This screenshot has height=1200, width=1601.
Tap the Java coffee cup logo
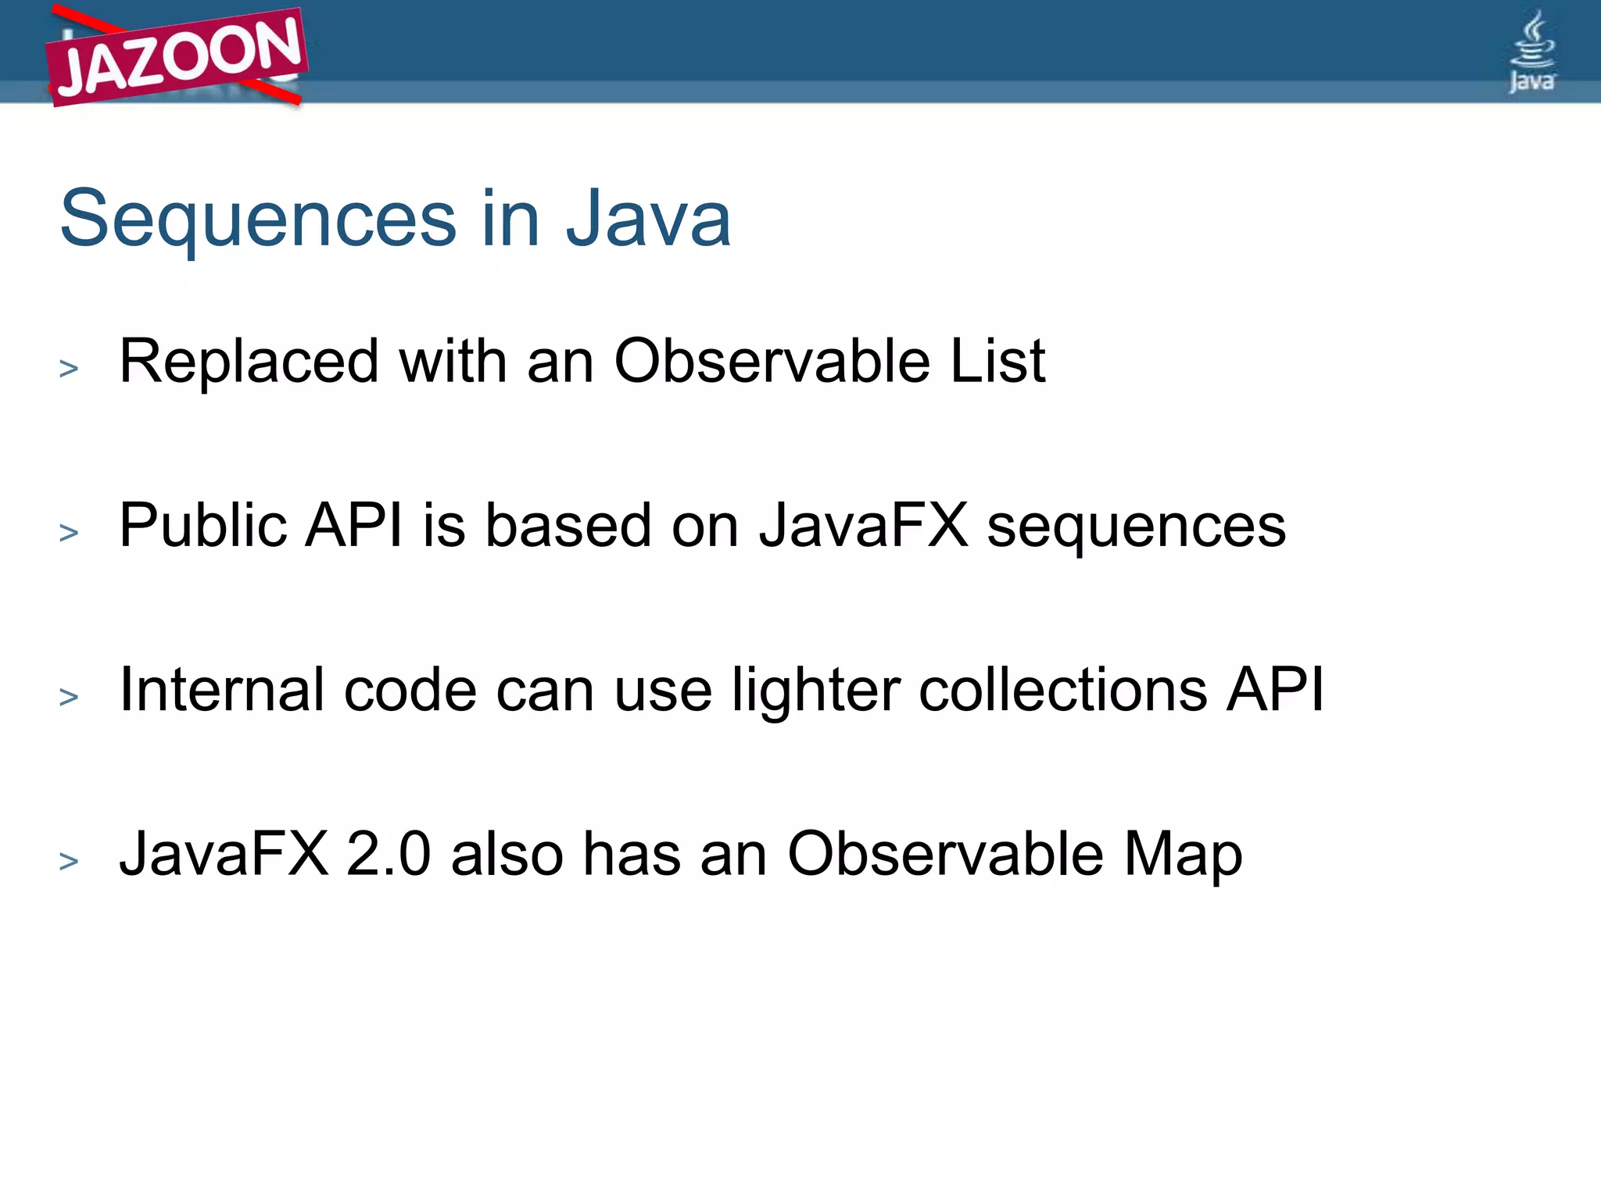[1531, 52]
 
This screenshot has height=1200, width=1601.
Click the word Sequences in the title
[258, 220]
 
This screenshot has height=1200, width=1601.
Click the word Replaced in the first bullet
[249, 362]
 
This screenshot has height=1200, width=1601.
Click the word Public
[202, 526]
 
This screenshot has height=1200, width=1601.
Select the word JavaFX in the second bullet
[863, 526]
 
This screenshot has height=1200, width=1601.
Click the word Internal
[221, 690]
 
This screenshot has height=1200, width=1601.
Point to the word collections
[1062, 690]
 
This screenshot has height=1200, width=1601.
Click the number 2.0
[388, 854]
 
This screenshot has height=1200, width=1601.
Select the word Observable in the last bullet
[945, 854]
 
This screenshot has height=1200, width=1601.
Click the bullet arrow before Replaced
[69, 368]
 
